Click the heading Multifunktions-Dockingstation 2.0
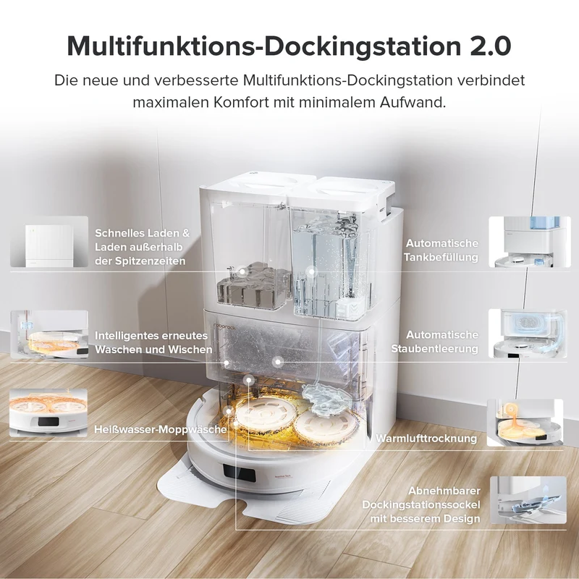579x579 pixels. pos(289,46)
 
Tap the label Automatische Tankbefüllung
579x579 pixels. pos(441,250)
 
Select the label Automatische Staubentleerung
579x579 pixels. pos(435,342)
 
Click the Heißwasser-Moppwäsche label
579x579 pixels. pos(160,429)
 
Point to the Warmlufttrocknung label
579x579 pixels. pos(426,439)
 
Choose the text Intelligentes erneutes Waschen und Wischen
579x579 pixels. pos(153,342)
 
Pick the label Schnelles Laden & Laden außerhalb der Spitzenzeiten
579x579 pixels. pos(142,247)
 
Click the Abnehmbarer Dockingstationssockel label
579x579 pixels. pos(421,504)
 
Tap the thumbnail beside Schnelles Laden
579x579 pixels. pos(49,242)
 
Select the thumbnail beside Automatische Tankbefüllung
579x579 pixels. pos(530,242)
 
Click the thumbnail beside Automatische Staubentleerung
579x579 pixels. pos(528,334)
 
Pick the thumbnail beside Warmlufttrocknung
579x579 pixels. pos(525,423)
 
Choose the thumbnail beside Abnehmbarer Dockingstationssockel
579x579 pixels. pos(528,500)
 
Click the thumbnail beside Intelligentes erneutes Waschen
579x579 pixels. pos(49,334)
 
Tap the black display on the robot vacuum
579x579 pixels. pos(239,473)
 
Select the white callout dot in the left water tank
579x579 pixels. pos(242,271)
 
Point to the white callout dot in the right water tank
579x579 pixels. pos(311,272)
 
